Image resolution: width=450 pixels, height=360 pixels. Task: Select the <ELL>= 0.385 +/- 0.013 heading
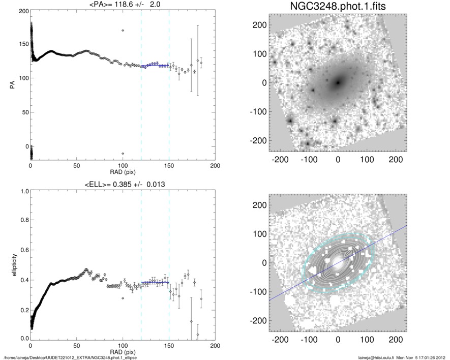pyautogui.click(x=123, y=184)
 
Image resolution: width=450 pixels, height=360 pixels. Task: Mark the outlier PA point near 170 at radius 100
pyautogui.click(x=123, y=31)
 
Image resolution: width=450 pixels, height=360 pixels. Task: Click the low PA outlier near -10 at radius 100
pyautogui.click(x=123, y=153)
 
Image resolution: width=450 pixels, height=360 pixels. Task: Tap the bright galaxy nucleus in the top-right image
pyautogui.click(x=338, y=82)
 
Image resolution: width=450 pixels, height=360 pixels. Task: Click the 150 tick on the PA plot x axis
pyautogui.click(x=169, y=166)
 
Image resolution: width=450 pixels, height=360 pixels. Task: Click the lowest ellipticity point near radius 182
pyautogui.click(x=198, y=334)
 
